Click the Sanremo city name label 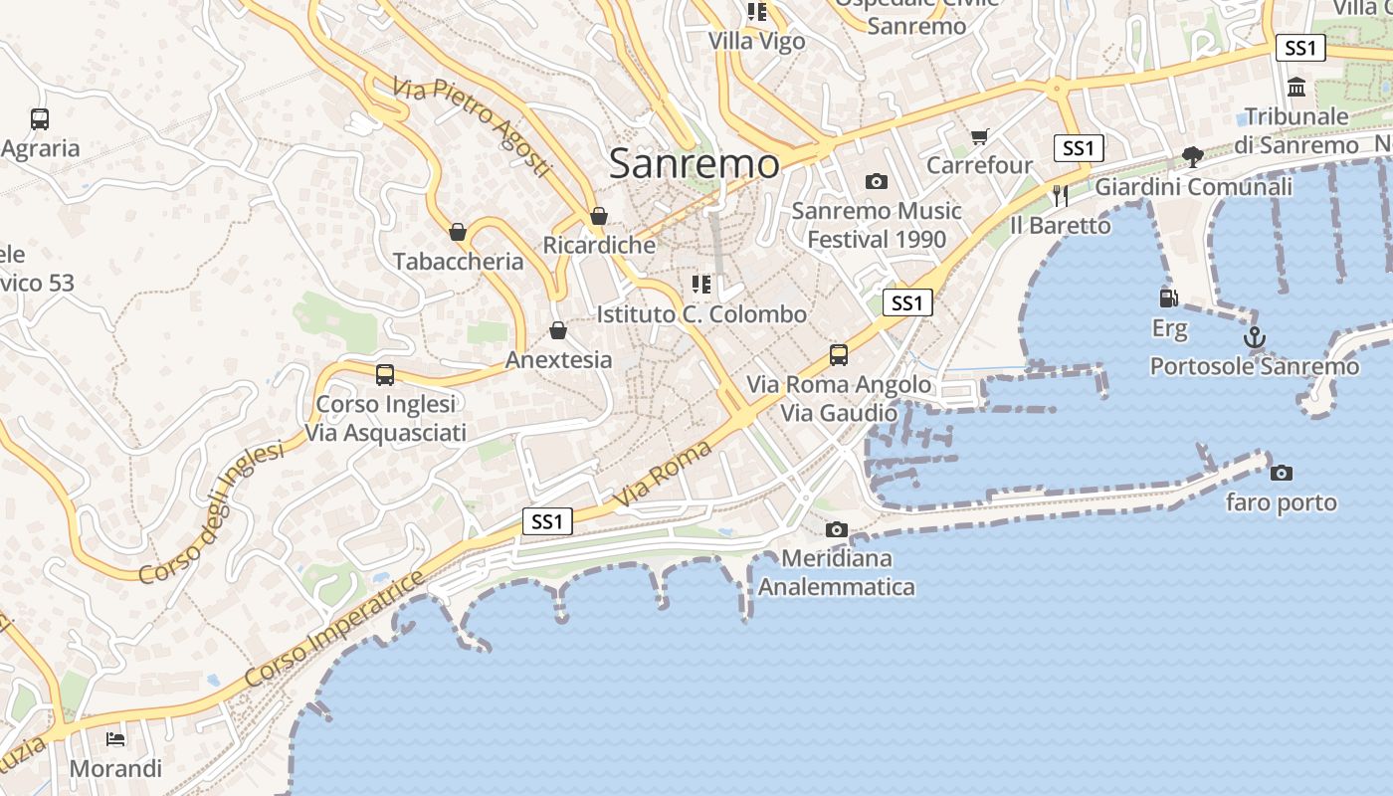pos(694,164)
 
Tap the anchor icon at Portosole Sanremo pos(1256,338)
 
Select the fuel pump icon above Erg pos(1169,298)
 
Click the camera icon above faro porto pos(1282,474)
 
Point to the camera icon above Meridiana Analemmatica pos(837,529)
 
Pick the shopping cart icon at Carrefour pos(980,136)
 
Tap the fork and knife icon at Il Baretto pos(1061,195)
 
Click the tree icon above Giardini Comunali pos(1193,157)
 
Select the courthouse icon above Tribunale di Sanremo pos(1296,88)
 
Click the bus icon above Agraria pos(40,119)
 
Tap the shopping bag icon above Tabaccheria pos(458,233)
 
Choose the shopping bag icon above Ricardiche pos(599,216)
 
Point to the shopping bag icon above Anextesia pos(558,330)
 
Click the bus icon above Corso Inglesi pos(385,375)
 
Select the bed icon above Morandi pos(116,739)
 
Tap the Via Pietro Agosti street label pos(472,128)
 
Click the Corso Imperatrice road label pos(333,629)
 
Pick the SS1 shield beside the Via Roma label pos(547,521)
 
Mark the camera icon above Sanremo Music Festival pos(876,181)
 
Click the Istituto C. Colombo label pos(701,314)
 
